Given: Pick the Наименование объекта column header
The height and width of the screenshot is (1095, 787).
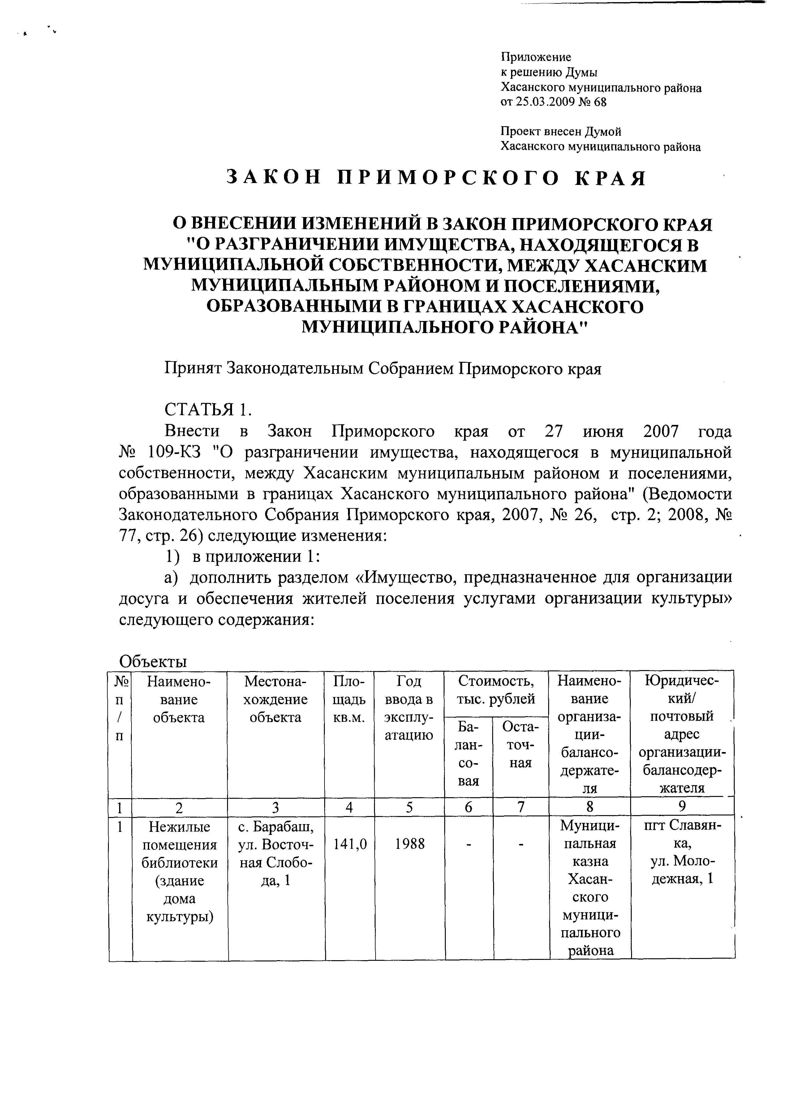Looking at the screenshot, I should (179, 699).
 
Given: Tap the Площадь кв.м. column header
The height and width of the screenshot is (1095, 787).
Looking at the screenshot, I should (349, 699).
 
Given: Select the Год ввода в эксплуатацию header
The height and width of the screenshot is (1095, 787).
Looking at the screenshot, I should (409, 708).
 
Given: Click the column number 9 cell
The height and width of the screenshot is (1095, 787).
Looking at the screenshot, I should (682, 806).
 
